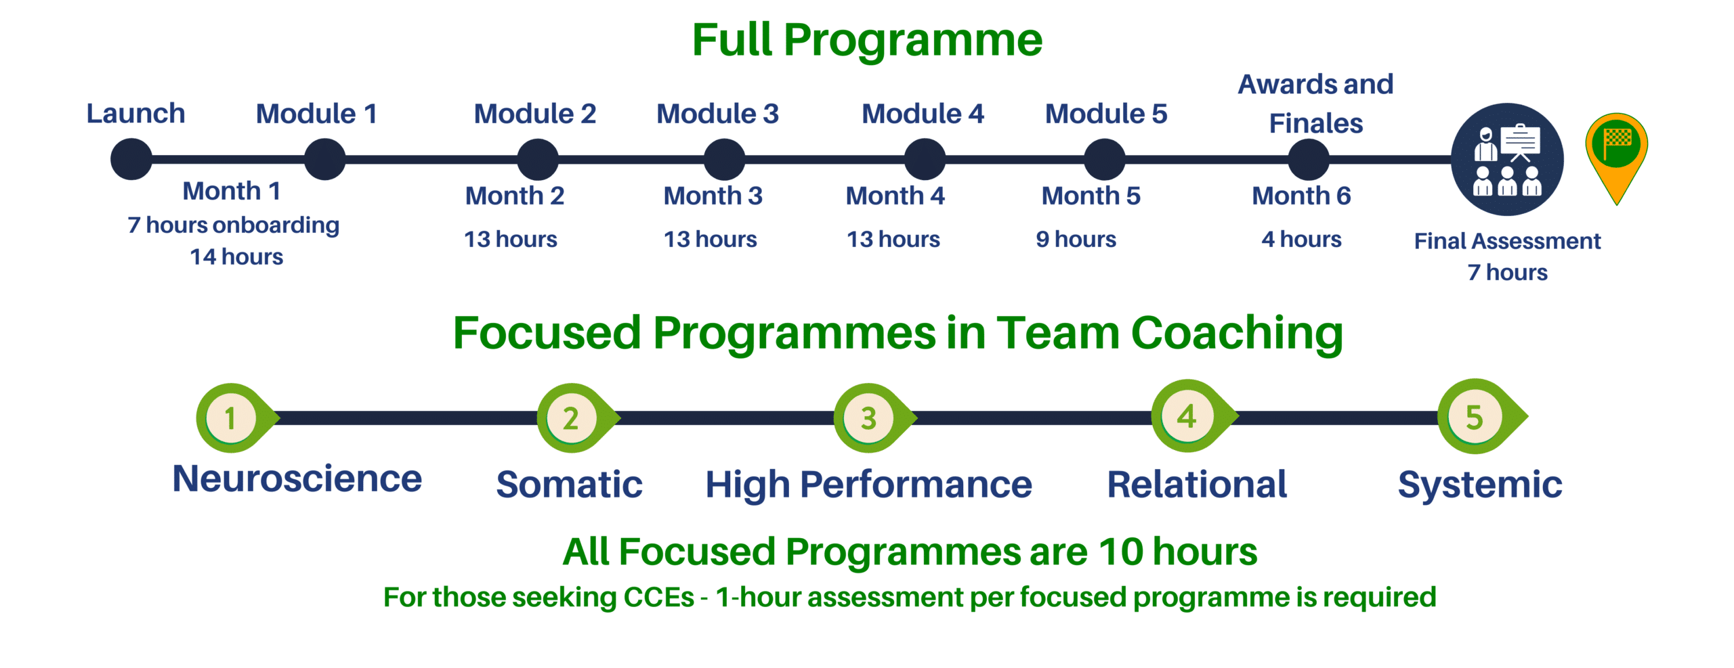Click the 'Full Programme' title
pos(867,41)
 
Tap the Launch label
pos(136,113)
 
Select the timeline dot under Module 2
pos(538,160)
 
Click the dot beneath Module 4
pos(925,160)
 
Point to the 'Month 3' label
pos(713,196)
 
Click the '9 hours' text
pos(1076,239)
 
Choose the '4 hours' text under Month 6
pos(1301,239)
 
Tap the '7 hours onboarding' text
pos(234,225)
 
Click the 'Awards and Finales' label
pos(1316,104)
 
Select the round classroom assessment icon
pos(1508,160)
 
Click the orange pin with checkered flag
pos(1617,158)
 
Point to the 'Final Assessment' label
pos(1508,241)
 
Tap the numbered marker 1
pos(234,418)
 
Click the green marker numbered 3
pos(872,418)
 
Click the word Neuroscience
pos(297,479)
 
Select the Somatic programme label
pos(570,485)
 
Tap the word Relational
pos(1197,485)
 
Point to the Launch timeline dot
pos(131,160)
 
